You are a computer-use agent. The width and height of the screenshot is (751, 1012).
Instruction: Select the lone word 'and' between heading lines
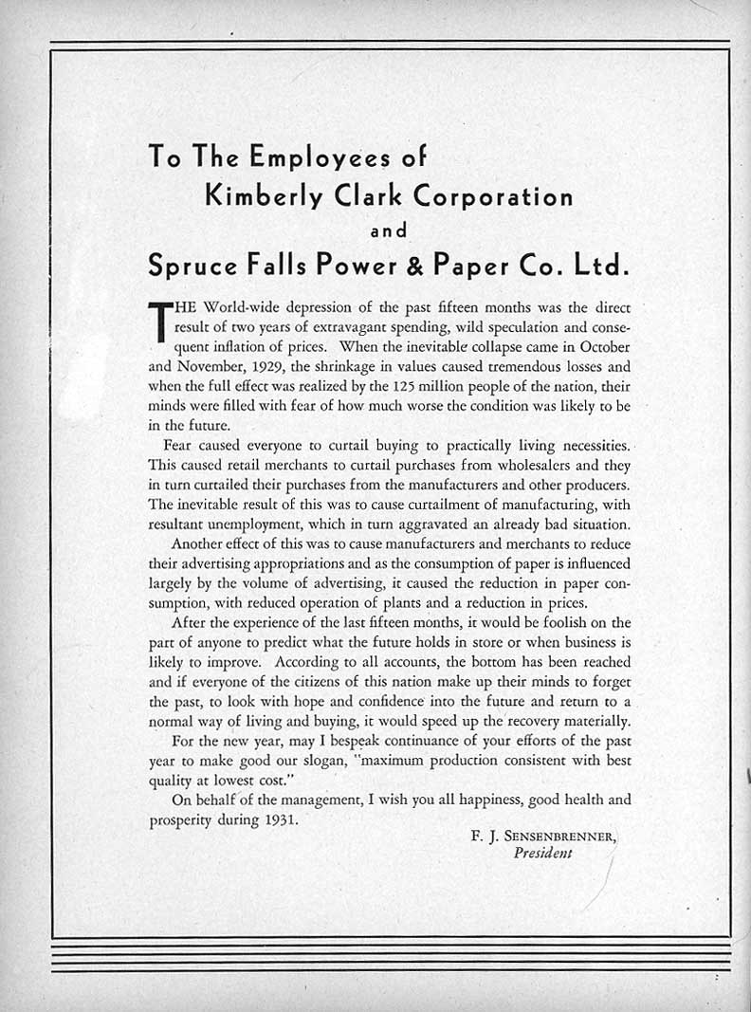[x=388, y=230]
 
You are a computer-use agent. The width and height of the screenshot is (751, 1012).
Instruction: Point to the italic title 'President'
[x=542, y=853]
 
